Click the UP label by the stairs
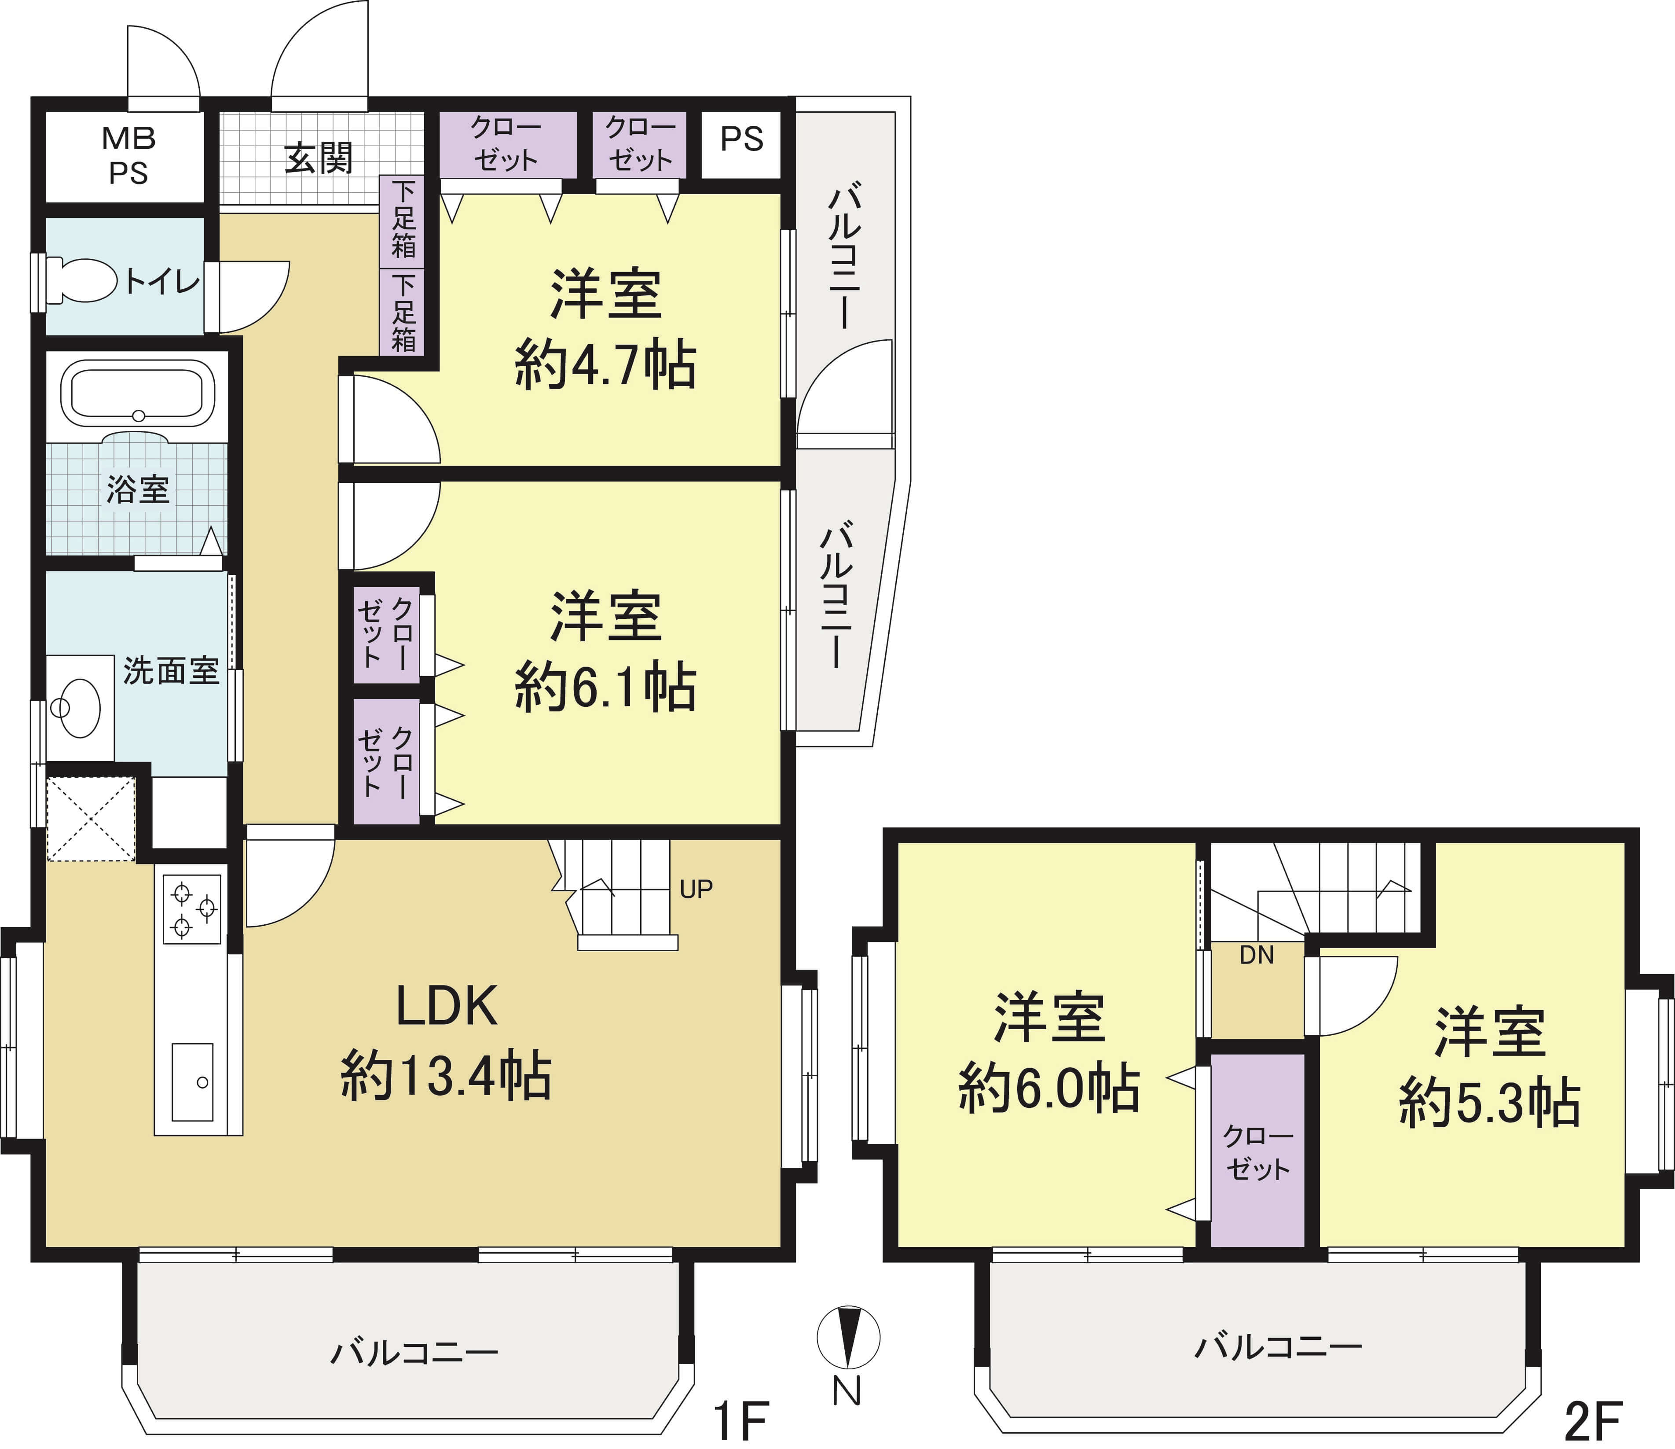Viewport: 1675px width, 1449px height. tap(696, 890)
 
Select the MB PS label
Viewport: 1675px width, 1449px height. tap(128, 156)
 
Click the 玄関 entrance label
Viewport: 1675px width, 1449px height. tap(319, 158)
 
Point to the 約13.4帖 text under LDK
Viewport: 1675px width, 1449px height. tap(446, 1075)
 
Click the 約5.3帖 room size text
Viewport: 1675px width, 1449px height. tap(1490, 1101)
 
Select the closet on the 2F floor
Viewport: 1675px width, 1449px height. tap(1258, 1149)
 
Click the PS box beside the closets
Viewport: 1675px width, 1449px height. tap(741, 144)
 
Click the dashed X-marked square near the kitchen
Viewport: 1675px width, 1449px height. tap(91, 818)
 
